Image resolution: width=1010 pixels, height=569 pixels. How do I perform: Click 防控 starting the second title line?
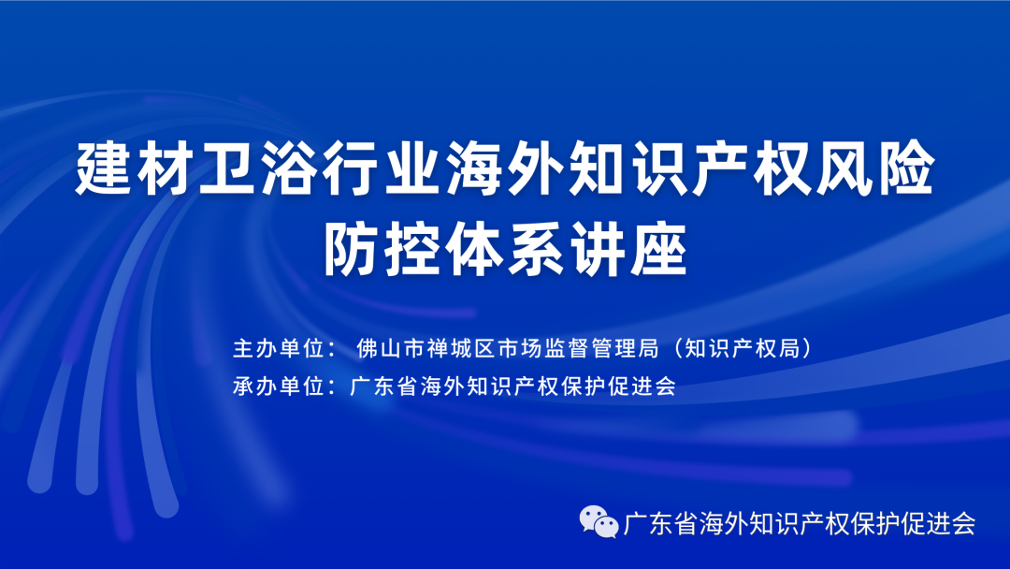click(382, 248)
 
